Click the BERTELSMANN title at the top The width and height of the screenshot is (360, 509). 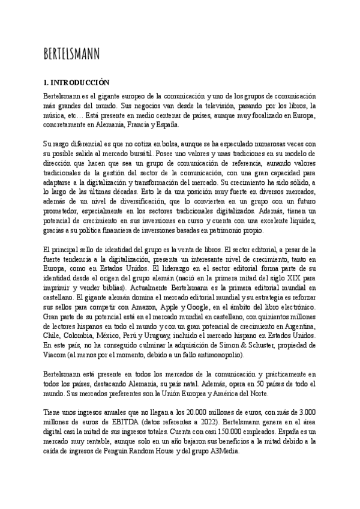pos(72,53)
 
